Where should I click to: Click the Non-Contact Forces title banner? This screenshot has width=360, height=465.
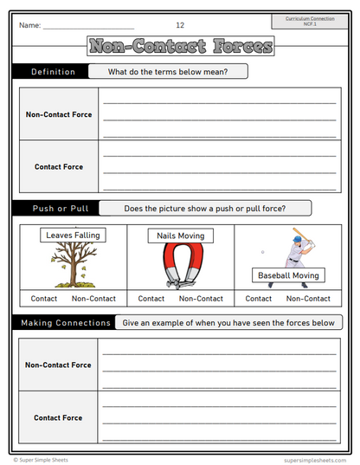point(180,46)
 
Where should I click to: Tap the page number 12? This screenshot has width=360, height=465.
point(180,25)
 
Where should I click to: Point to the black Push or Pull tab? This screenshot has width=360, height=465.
point(54,209)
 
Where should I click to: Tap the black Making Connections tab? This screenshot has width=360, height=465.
point(63,323)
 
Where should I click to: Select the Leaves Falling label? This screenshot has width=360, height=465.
point(74,235)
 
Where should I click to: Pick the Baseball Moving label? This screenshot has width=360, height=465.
point(289,276)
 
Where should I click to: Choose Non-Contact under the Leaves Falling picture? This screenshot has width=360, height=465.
point(93,299)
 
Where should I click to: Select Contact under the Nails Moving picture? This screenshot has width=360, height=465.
point(151,299)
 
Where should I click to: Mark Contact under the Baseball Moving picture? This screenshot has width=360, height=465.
point(259,299)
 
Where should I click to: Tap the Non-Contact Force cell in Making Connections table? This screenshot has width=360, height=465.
point(59,365)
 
